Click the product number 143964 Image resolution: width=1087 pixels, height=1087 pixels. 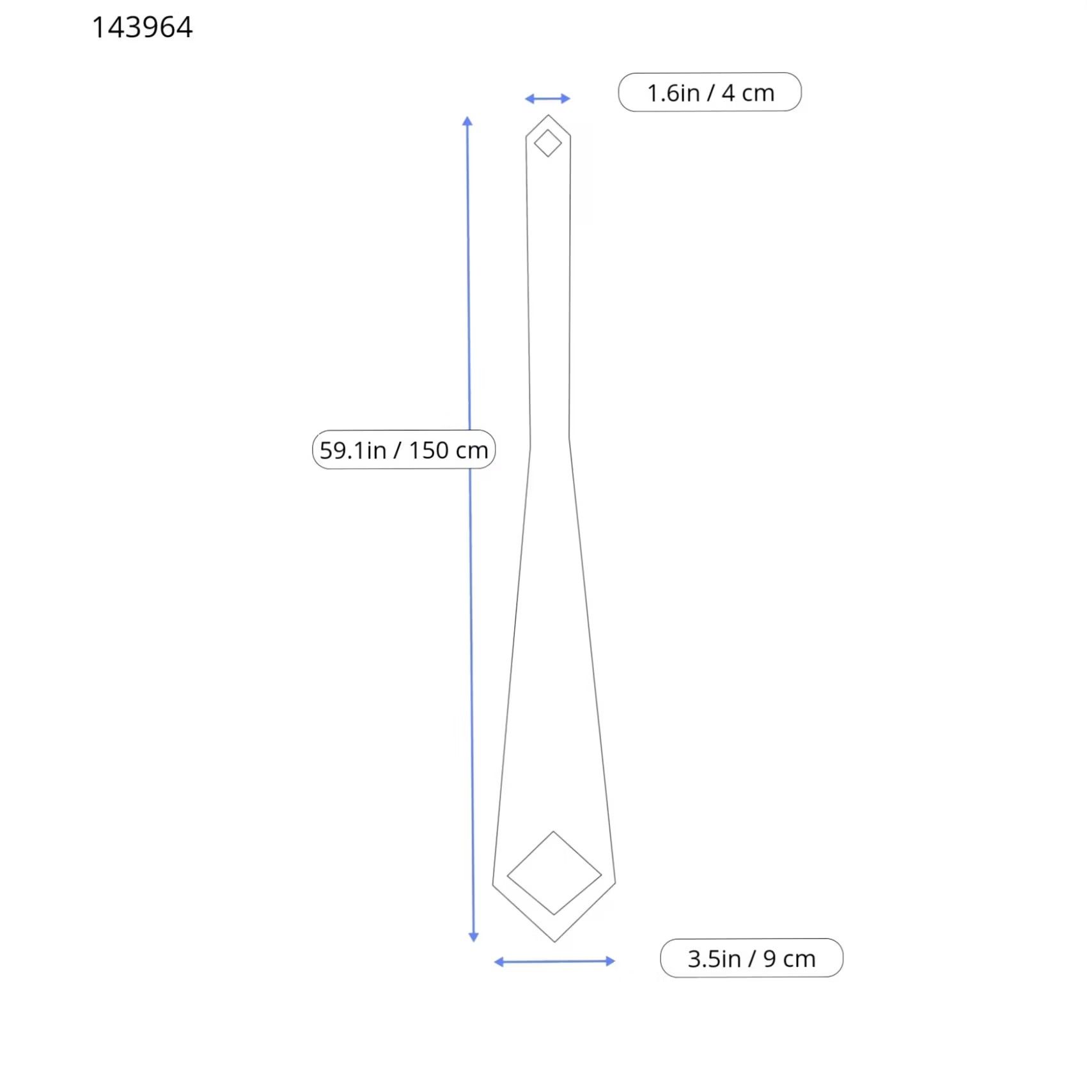coord(142,27)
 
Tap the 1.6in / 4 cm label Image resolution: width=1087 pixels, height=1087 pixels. coord(710,92)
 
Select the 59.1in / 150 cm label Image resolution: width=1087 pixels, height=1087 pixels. coord(403,450)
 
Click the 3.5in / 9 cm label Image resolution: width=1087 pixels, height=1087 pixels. coord(751,958)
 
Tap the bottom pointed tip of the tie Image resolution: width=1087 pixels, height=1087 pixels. coord(554,942)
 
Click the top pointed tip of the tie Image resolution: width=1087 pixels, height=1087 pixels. coord(548,115)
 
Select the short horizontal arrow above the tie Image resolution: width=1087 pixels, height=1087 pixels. coord(547,98)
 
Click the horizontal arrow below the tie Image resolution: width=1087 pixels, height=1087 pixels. coord(554,961)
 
